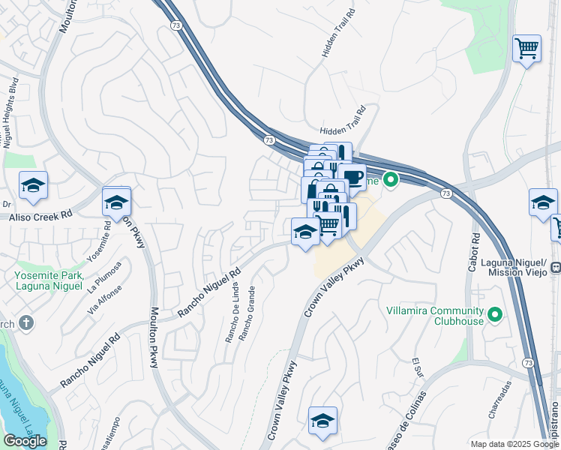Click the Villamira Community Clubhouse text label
pyautogui.click(x=434, y=316)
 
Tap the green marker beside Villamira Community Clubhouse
pyautogui.click(x=494, y=313)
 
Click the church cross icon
pyautogui.click(x=25, y=323)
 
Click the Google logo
pyautogui.click(x=25, y=441)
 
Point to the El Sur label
pyautogui.click(x=416, y=370)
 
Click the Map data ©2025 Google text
pyautogui.click(x=514, y=444)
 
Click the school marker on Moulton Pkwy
pyautogui.click(x=116, y=202)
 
